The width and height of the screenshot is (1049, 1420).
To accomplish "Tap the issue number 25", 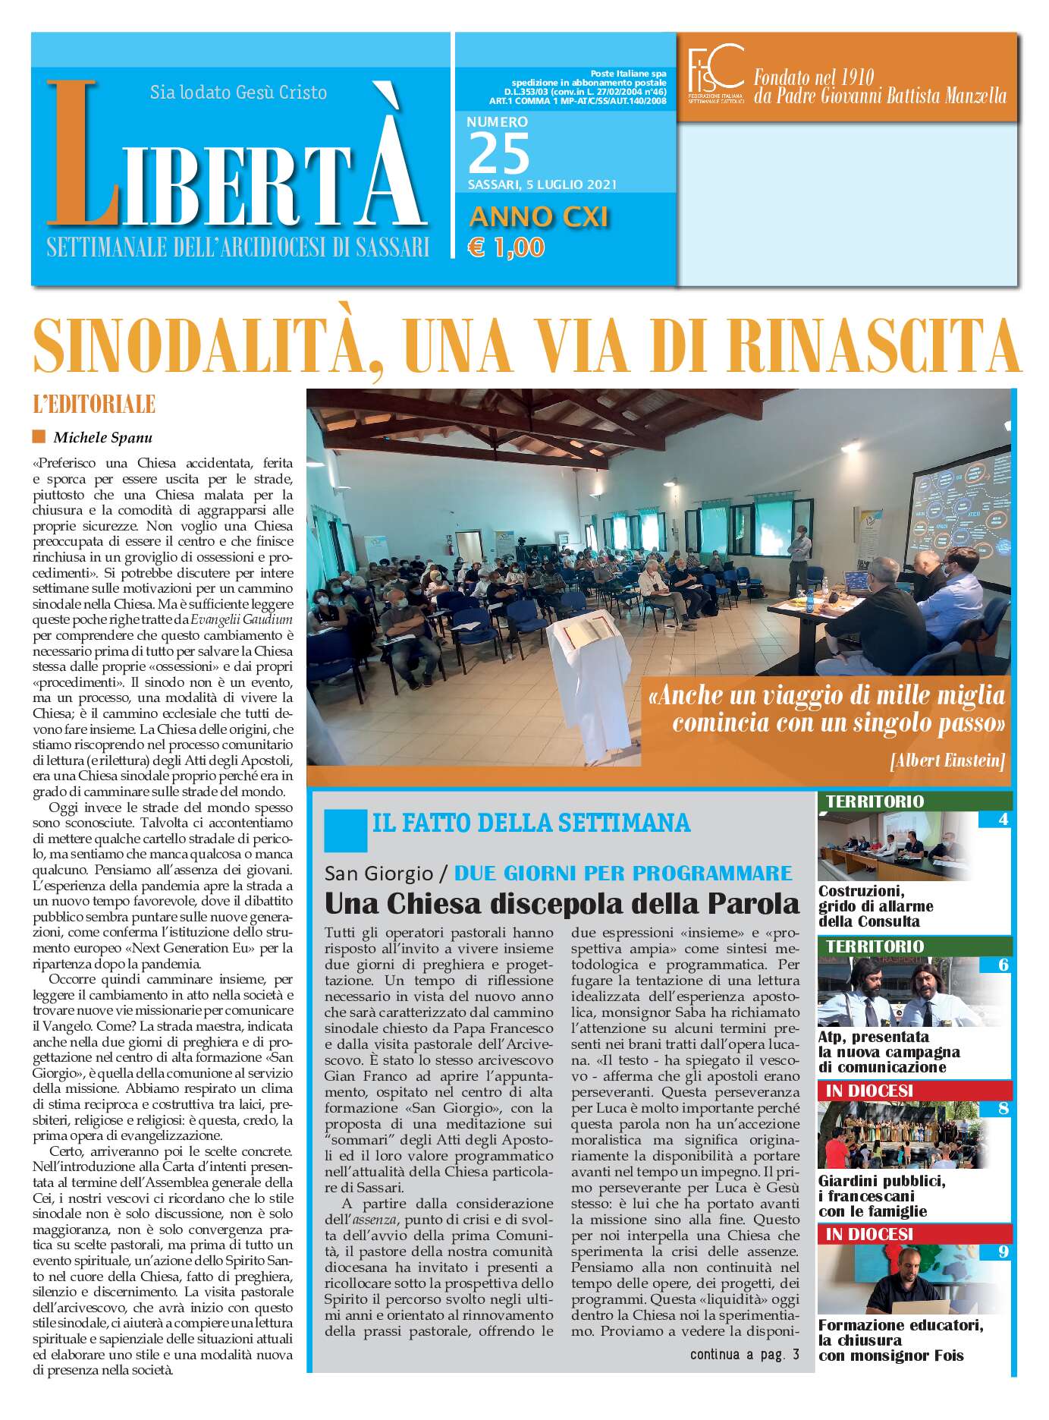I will tap(498, 154).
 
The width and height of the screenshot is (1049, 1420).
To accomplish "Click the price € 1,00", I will tap(506, 247).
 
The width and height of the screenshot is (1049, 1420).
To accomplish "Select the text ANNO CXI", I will tap(539, 217).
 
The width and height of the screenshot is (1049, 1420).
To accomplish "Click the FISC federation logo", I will tap(715, 75).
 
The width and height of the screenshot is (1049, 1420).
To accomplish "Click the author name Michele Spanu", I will tap(102, 437).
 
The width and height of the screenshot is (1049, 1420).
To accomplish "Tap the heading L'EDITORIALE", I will tap(94, 405).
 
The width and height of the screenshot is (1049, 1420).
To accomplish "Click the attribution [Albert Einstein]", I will tap(947, 760).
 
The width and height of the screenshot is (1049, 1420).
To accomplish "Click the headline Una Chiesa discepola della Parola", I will tap(561, 903).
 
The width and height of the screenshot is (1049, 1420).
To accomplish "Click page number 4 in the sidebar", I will tap(1003, 819).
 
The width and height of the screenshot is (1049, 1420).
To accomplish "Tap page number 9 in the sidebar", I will tap(1003, 1252).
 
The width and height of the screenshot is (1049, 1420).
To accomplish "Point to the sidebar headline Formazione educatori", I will tap(900, 1325).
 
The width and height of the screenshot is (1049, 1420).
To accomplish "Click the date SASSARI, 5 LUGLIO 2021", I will tap(542, 184).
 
